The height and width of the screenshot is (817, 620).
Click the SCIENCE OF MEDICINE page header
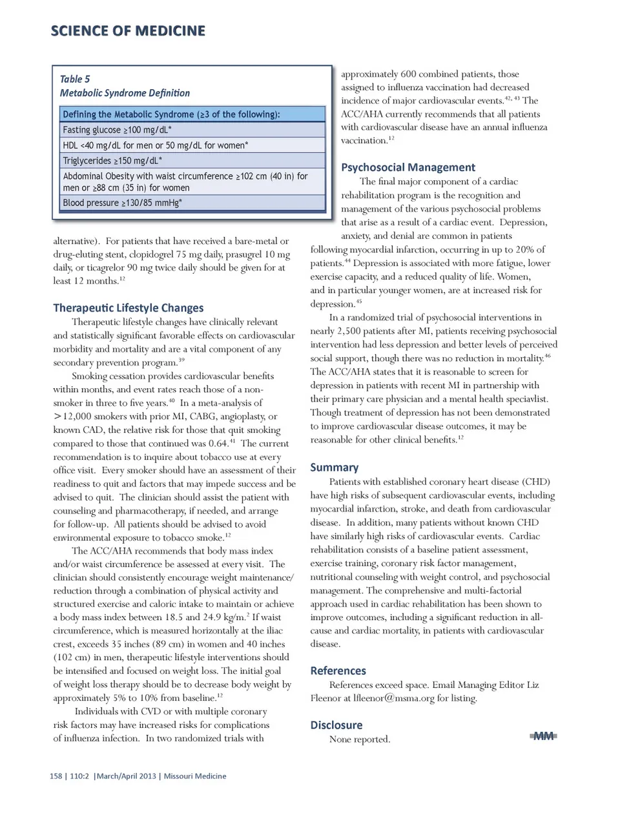tap(128, 30)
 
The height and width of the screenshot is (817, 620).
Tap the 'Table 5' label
tap(75, 79)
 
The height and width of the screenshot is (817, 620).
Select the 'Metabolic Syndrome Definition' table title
tap(125, 93)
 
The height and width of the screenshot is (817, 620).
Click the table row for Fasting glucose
tap(192, 130)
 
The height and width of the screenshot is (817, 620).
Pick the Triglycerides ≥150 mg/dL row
tap(192, 160)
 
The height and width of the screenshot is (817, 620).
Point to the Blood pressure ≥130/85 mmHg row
tap(192, 203)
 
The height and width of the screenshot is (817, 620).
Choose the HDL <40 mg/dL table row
tap(192, 145)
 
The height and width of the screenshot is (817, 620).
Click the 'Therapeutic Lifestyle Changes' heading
tap(128, 308)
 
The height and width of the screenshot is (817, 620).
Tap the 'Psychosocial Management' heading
tap(408, 167)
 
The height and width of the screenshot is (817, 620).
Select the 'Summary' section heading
tap(334, 468)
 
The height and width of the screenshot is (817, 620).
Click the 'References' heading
tap(338, 671)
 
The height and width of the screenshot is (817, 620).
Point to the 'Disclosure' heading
tap(336, 725)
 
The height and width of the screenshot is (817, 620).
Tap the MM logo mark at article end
tap(544, 736)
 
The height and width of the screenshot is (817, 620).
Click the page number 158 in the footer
tap(56, 776)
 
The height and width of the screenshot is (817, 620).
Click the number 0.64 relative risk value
tap(218, 444)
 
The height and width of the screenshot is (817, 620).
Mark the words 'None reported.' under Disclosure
tap(360, 739)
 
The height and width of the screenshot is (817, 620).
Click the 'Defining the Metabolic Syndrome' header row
tap(192, 114)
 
